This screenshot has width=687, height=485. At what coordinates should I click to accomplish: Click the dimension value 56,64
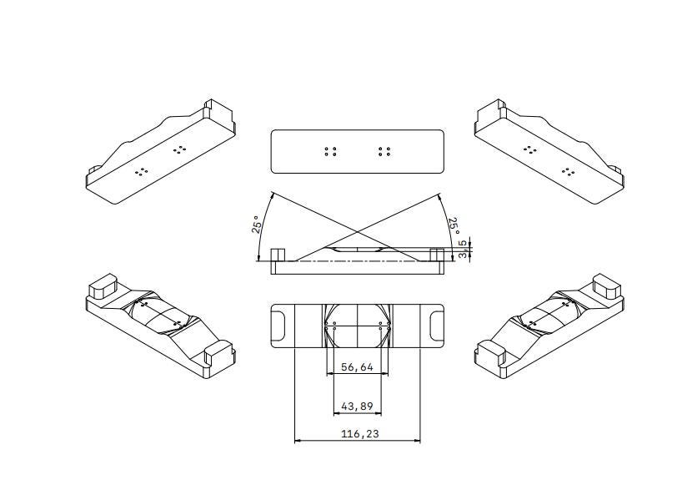click(x=357, y=366)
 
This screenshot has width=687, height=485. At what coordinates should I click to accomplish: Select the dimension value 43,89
click(x=357, y=407)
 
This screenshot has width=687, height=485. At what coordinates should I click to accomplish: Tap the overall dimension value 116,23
click(x=359, y=434)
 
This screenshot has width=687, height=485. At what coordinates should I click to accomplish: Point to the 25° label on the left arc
click(x=257, y=225)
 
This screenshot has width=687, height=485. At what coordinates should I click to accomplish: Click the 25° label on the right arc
click(x=454, y=226)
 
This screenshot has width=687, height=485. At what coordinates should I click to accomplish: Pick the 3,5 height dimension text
click(x=463, y=249)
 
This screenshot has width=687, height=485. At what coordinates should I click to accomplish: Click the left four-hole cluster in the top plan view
click(x=330, y=152)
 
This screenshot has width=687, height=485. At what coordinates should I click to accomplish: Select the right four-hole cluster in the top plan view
click(x=384, y=152)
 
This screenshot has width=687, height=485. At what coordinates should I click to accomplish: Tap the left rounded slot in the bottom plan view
click(x=278, y=326)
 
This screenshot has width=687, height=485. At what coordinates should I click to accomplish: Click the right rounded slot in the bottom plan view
click(x=437, y=326)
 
